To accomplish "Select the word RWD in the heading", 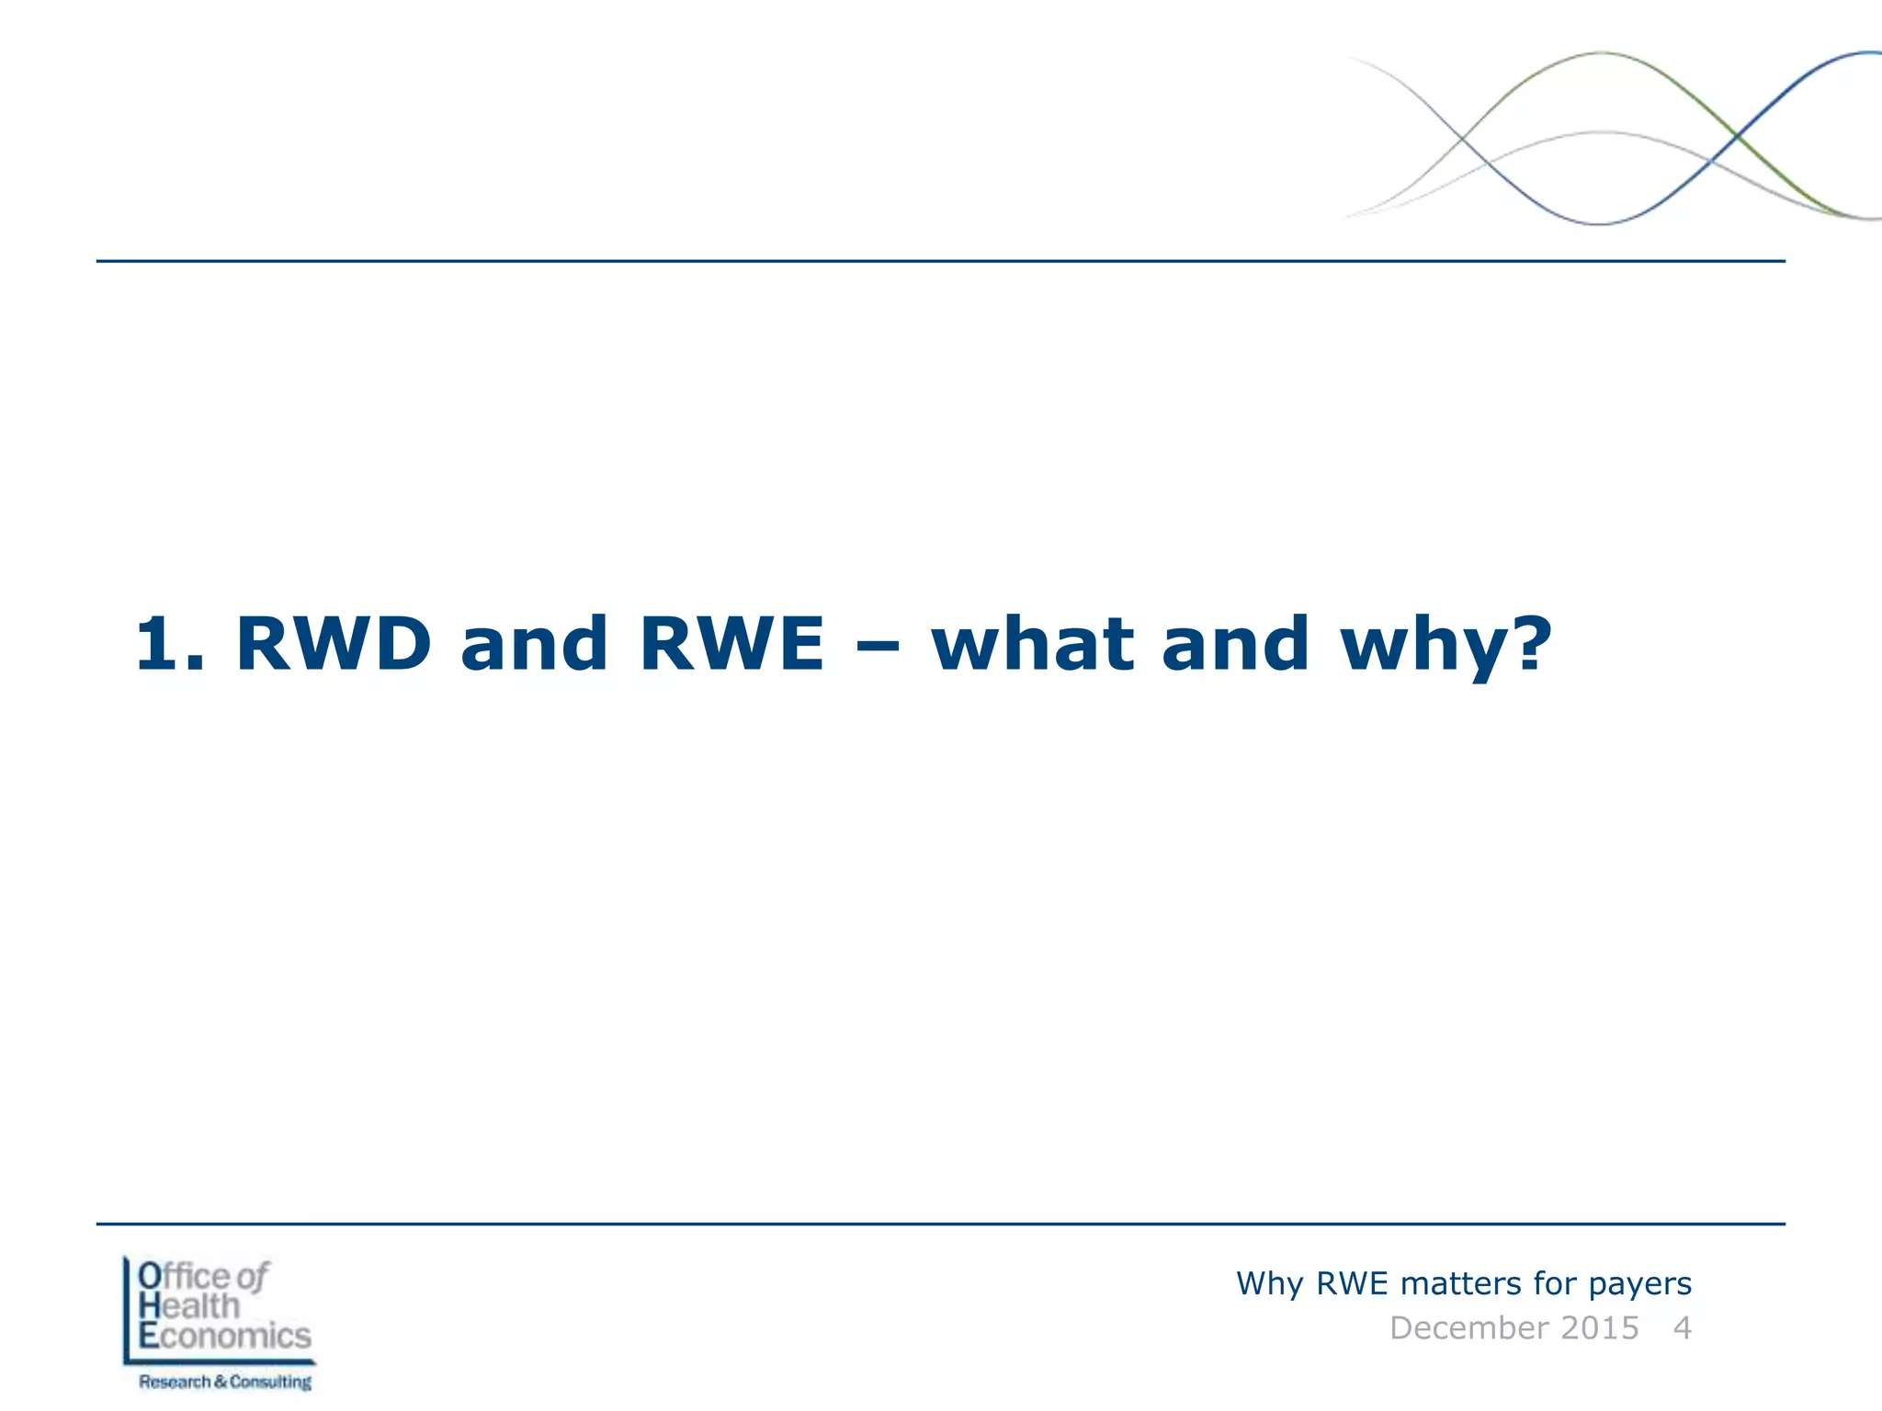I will click(334, 644).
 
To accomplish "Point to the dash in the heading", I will click(877, 646).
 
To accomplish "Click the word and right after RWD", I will click(534, 644).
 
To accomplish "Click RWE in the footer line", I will click(1352, 1283).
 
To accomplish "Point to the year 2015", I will click(1599, 1328).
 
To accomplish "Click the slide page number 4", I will click(1682, 1328).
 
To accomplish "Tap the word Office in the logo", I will click(184, 1276).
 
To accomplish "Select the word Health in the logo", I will click(189, 1305).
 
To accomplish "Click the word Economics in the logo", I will click(225, 1336).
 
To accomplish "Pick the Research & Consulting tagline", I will click(225, 1382).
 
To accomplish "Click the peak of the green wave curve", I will click(1602, 53).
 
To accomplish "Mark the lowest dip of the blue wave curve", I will click(1600, 223).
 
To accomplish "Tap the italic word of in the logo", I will click(252, 1276).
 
